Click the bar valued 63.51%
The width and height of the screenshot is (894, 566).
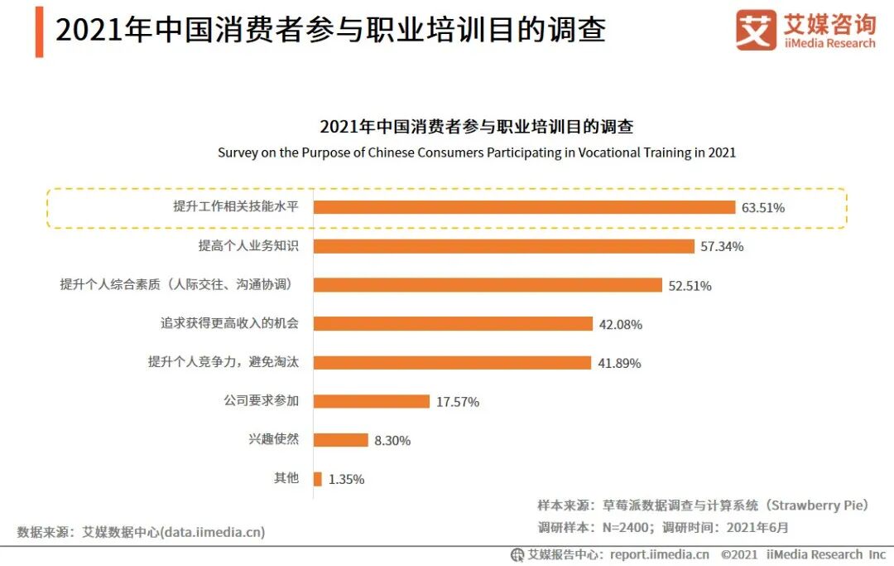tap(524, 207)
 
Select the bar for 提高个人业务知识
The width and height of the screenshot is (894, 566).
tap(503, 246)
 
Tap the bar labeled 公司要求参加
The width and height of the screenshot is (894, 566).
tap(372, 401)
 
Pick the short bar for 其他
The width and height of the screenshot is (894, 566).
tap(318, 479)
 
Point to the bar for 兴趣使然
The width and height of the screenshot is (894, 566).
tap(340, 440)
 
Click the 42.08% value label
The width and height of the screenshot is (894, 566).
tap(620, 324)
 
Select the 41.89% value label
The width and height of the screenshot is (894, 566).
tap(618, 363)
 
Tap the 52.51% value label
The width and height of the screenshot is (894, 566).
tap(690, 285)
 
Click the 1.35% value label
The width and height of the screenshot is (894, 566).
tap(346, 479)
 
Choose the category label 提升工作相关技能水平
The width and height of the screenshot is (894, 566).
tap(235, 207)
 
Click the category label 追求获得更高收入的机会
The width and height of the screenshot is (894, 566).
tap(228, 323)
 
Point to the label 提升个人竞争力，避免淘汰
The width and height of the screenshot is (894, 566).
tap(223, 362)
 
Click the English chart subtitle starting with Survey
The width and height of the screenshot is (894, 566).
tap(476, 152)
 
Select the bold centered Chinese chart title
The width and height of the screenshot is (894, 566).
tap(476, 127)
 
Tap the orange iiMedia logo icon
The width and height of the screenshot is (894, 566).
tap(755, 31)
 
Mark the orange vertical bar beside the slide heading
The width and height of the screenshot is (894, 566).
tap(39, 31)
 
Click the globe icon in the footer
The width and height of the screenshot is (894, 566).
tap(517, 554)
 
